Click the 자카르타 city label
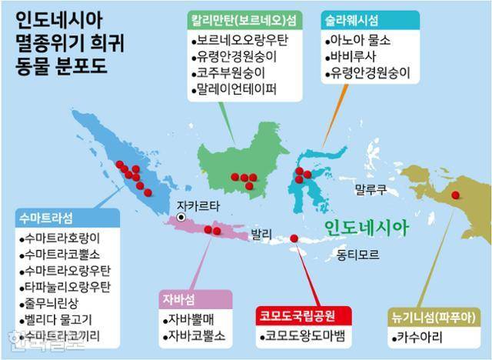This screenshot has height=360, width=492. coord(198,205)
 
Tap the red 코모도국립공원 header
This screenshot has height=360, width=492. coord(302,315)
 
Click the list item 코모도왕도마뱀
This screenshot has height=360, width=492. coord(305,335)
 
